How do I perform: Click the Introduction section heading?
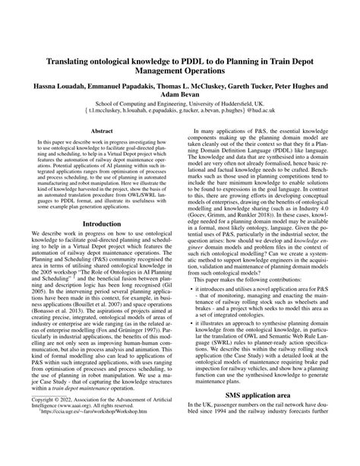(102, 225)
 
